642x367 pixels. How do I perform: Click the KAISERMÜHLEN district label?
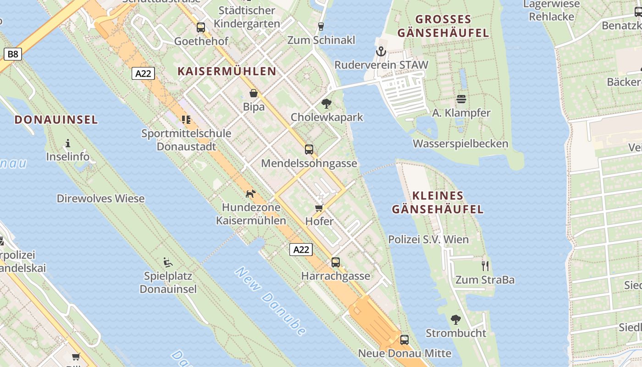pyautogui.click(x=227, y=71)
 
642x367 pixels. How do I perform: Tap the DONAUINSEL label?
pyautogui.click(x=56, y=120)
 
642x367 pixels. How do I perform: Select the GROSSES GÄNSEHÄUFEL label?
pyautogui.click(x=443, y=26)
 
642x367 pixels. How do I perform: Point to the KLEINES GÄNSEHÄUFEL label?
pyautogui.click(x=437, y=203)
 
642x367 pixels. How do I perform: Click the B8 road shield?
pyautogui.click(x=13, y=55)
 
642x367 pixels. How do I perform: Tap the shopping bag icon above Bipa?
pyautogui.click(x=254, y=94)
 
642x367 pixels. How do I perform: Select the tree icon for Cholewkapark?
pyautogui.click(x=327, y=103)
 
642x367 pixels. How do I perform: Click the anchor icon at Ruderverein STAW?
pyautogui.click(x=381, y=51)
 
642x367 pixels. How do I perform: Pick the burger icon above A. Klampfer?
pyautogui.click(x=461, y=99)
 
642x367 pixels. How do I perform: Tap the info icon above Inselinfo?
pyautogui.click(x=68, y=143)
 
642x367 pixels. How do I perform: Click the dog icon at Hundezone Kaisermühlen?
pyautogui.click(x=250, y=194)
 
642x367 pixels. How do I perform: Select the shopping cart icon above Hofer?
pyautogui.click(x=319, y=208)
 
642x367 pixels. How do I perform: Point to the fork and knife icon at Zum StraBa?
pyautogui.click(x=485, y=266)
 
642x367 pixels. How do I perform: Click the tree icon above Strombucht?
pyautogui.click(x=455, y=319)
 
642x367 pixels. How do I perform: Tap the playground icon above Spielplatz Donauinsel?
pyautogui.click(x=168, y=262)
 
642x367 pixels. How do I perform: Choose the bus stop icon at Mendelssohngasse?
pyautogui.click(x=309, y=149)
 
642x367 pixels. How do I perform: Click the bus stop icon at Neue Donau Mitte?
pyautogui.click(x=404, y=340)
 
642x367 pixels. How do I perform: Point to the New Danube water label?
pyautogui.click(x=271, y=300)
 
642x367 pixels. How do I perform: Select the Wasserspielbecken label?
pyautogui.click(x=460, y=144)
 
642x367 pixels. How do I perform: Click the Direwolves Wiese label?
pyautogui.click(x=100, y=199)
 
